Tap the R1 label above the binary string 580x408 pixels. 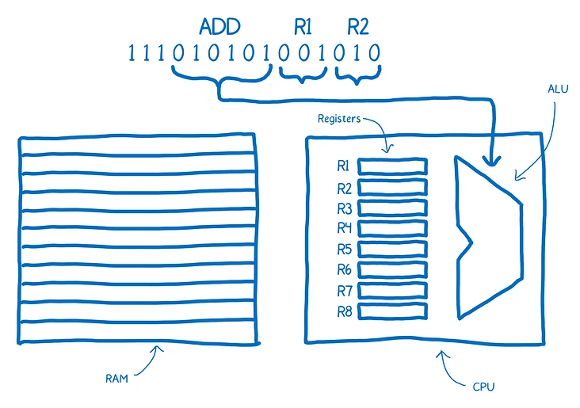[x=303, y=27]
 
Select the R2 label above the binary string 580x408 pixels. [x=358, y=27]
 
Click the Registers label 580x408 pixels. [x=339, y=119]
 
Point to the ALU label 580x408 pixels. [x=558, y=88]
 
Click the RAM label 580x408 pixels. [x=116, y=379]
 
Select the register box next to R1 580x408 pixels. [x=392, y=166]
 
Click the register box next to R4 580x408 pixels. [x=392, y=228]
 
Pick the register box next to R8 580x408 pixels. [x=392, y=311]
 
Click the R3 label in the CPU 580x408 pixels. [x=344, y=208]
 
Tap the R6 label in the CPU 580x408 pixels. [x=344, y=269]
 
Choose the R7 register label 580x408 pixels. [x=344, y=290]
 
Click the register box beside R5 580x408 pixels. [x=392, y=249]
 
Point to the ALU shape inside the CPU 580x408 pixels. [x=487, y=238]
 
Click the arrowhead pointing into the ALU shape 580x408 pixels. [x=493, y=158]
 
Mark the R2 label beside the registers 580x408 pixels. [x=344, y=188]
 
